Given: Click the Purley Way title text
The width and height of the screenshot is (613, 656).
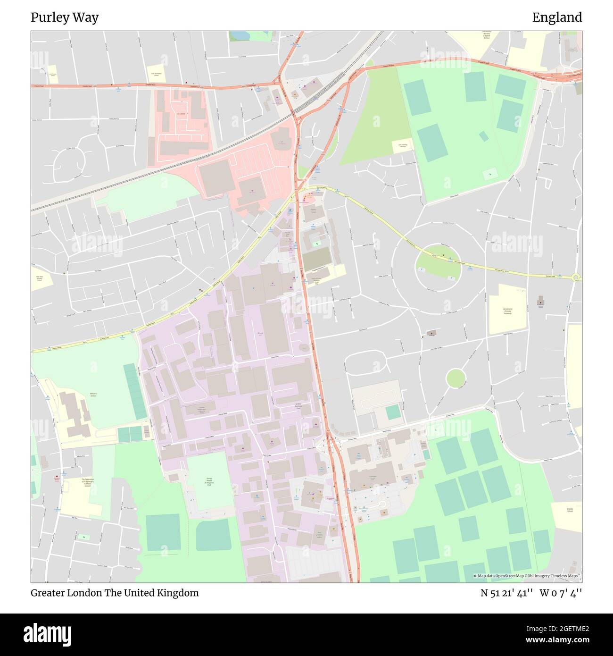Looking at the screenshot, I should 65,17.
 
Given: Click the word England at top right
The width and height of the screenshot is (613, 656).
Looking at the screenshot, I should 557,17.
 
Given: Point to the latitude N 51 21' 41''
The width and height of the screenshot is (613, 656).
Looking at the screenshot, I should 506,593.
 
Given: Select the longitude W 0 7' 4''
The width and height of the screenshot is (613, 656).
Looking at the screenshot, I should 561,593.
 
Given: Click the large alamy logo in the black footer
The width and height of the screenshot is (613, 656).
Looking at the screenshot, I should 48,633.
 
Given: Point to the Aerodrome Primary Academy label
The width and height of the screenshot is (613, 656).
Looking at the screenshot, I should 507,312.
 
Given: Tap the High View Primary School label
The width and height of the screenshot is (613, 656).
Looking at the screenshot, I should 40,279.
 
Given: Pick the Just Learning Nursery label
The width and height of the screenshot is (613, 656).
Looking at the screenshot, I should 402,146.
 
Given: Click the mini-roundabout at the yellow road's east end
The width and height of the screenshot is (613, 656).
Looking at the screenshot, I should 575,278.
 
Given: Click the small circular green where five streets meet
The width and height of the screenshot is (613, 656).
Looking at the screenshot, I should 456,378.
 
